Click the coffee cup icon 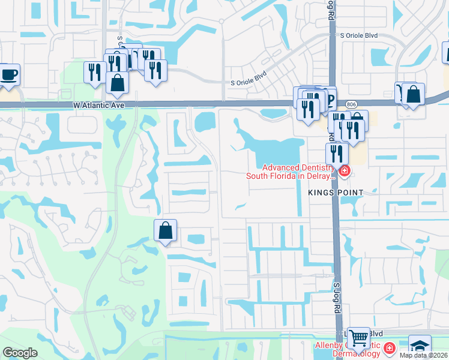[x=9, y=75]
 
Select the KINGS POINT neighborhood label [x=336, y=192]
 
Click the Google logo [x=20, y=353]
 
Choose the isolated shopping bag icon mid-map [x=165, y=230]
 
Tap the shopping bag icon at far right [x=413, y=94]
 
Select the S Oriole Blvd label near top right [x=358, y=36]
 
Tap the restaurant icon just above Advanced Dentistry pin [x=337, y=154]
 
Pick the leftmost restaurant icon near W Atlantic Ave [x=94, y=73]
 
